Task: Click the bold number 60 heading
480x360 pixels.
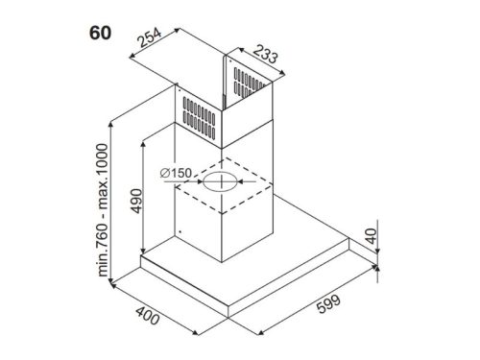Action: (x=99, y=33)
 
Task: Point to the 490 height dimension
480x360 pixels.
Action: (x=134, y=201)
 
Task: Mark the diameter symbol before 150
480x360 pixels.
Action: (x=166, y=172)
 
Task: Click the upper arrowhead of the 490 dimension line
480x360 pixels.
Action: (x=143, y=142)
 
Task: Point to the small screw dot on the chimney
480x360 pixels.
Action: (x=180, y=231)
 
